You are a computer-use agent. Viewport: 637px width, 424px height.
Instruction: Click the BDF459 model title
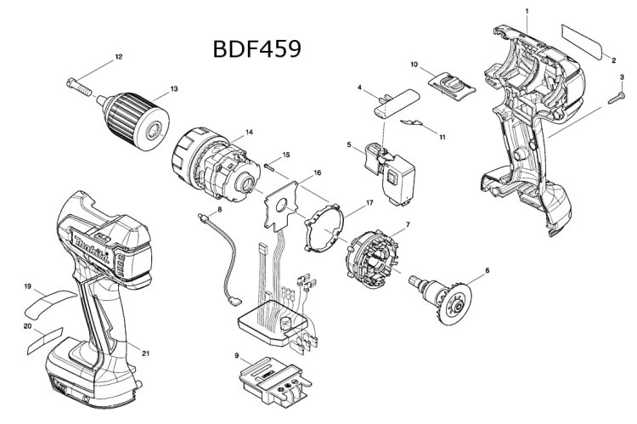click(257, 48)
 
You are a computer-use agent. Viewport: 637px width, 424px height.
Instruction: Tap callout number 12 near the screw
click(119, 57)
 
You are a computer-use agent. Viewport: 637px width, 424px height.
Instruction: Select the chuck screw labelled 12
click(79, 87)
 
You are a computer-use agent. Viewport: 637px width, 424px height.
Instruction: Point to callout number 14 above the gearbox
click(249, 132)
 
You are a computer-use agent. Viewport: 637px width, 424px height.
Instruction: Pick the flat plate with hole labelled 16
click(281, 206)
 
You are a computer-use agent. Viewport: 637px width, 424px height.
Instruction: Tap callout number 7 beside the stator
click(408, 224)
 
